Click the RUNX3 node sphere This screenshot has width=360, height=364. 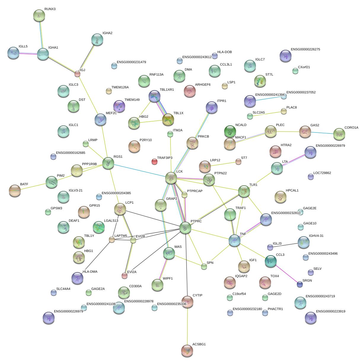(39, 15)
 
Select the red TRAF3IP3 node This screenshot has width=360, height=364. (154, 162)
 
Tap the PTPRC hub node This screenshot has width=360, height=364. (185, 228)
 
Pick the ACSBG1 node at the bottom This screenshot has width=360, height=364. (187, 350)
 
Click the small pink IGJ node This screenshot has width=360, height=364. (77, 74)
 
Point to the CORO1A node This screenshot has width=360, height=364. (339, 134)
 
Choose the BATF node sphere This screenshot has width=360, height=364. (15, 191)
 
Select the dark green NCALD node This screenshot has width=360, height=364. (230, 131)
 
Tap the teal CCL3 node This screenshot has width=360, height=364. (270, 261)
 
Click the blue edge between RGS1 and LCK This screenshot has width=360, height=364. (139, 171)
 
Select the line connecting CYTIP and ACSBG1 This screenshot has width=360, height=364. (187, 326)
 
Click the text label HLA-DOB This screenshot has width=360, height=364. (224, 52)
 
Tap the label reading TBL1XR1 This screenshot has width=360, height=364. (167, 90)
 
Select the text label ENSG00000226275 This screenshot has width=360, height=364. (305, 50)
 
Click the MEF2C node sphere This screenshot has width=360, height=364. (100, 119)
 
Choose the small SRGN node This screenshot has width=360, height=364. (300, 284)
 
